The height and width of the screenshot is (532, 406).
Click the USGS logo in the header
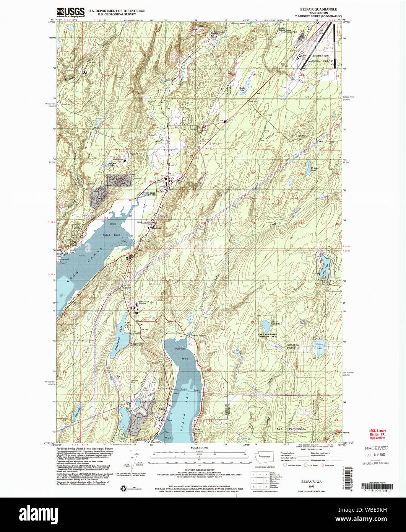70,13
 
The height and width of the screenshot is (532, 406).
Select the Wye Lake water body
325,263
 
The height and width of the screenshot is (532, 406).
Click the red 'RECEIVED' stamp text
376,448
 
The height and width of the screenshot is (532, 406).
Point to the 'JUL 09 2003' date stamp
376,455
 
